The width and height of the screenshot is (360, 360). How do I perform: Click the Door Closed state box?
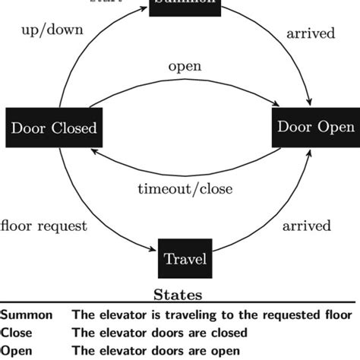(x=53, y=128)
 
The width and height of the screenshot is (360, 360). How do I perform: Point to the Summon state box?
(x=185, y=5)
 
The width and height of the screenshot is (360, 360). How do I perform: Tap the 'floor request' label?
(x=44, y=226)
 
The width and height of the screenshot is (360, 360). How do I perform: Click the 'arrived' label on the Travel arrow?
(x=306, y=226)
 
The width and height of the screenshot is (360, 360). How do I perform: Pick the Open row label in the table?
(x=15, y=350)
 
